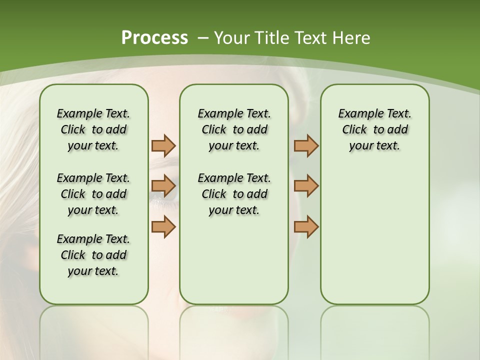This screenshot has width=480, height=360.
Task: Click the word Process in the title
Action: click(154, 38)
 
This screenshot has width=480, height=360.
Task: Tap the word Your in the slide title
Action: click(231, 38)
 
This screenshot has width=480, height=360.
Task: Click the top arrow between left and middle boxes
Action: click(163, 145)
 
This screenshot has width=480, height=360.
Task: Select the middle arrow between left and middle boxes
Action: click(163, 186)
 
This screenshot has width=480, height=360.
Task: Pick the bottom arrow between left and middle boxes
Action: click(163, 226)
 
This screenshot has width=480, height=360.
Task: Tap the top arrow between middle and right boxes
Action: click(306, 145)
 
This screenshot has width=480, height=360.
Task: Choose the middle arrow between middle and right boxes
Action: click(306, 186)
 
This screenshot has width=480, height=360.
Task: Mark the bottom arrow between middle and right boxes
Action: click(306, 226)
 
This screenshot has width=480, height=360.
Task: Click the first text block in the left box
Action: click(93, 129)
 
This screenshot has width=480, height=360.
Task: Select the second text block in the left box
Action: click(93, 194)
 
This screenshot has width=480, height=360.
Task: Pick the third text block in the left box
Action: click(93, 255)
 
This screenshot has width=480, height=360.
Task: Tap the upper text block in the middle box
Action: click(234, 129)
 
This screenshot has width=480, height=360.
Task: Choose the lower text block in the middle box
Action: click(234, 194)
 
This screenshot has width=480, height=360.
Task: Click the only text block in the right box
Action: click(374, 129)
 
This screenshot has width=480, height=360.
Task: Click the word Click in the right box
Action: click(354, 130)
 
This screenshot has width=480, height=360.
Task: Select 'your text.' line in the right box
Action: click(374, 146)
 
